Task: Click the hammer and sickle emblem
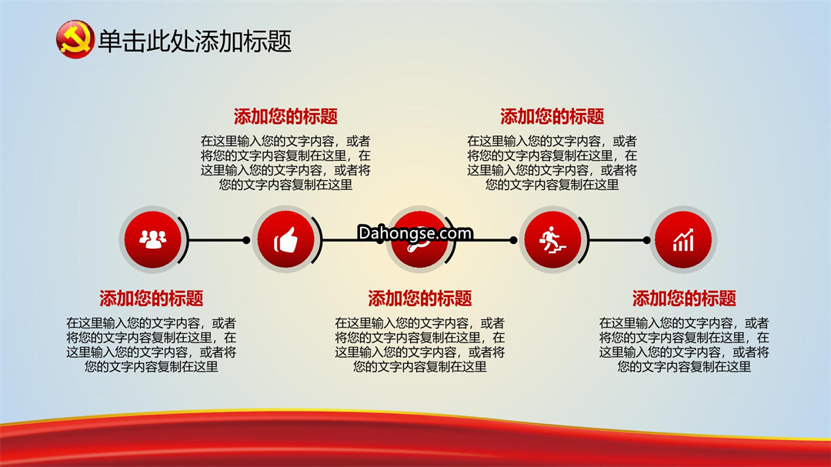(75, 39)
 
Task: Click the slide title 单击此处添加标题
(195, 42)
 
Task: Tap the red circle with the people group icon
(152, 239)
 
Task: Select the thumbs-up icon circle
(285, 239)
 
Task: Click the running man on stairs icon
(552, 240)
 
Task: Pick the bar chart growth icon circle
(683, 239)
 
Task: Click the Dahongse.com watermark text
(415, 232)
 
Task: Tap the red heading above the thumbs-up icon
(285, 116)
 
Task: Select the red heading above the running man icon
(552, 116)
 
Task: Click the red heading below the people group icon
(152, 299)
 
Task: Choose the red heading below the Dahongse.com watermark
(420, 299)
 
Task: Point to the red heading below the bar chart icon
(684, 299)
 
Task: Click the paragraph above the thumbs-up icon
(285, 163)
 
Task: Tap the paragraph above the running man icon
(552, 163)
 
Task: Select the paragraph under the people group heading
(152, 345)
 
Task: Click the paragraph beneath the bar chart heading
(684, 345)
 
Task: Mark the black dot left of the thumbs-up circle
(246, 240)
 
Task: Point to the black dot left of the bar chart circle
(646, 240)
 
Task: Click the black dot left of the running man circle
(513, 240)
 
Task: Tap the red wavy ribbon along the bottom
(415, 440)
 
